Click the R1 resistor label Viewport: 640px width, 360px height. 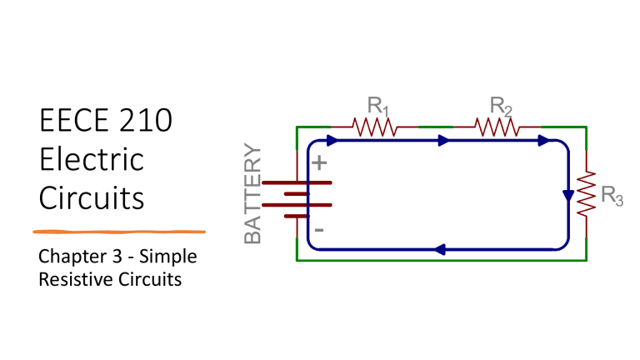pos(379,107)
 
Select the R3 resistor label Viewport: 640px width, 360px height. pos(612,197)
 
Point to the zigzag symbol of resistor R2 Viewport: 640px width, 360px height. pos(497,127)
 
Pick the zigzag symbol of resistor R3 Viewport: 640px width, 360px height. pos(587,192)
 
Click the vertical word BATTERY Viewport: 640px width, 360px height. pos(253,194)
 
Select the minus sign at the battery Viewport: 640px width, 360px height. pos(317,228)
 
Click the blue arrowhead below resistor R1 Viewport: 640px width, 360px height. pos(333,141)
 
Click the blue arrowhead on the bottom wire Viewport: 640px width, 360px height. pos(439,249)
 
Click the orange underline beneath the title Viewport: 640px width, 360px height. pos(118,230)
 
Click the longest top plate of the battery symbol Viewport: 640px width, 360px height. pos(297,182)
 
